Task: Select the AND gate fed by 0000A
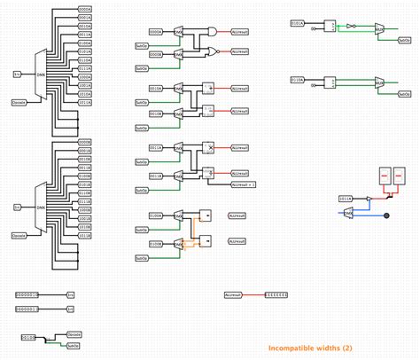click(x=211, y=31)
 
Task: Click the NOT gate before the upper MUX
click(x=351, y=26)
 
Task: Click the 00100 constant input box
click(x=27, y=338)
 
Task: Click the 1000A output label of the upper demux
click(x=85, y=76)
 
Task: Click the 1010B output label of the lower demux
click(x=85, y=225)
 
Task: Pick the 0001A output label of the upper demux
click(x=85, y=18)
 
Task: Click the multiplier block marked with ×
click(x=209, y=147)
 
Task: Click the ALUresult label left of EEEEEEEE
click(x=234, y=293)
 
